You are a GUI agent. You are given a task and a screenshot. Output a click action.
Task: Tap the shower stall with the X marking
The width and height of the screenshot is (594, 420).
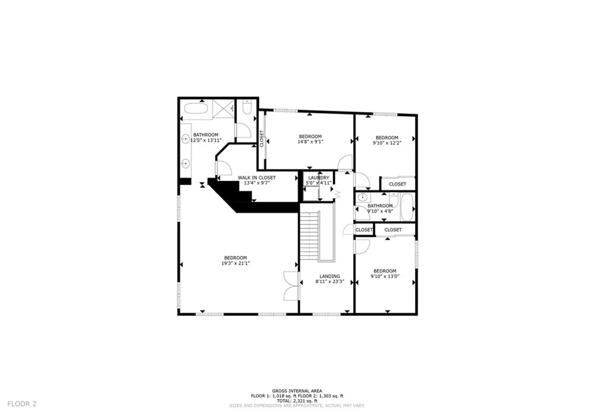coord(223,108)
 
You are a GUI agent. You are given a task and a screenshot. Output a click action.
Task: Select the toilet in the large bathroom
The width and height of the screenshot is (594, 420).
coord(247,108)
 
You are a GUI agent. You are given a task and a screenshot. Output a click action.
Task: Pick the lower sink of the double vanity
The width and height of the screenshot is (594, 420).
coord(185,164)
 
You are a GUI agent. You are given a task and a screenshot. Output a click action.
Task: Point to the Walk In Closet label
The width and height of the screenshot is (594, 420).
coord(256,178)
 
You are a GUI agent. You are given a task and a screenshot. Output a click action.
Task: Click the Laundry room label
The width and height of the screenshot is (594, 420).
coord(318,178)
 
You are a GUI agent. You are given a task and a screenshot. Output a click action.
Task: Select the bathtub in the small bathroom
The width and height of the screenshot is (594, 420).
coord(406,207)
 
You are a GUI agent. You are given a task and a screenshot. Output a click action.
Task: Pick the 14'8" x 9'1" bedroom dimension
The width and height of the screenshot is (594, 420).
coord(310,142)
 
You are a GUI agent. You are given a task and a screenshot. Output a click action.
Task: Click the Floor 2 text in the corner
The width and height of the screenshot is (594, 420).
coord(23,403)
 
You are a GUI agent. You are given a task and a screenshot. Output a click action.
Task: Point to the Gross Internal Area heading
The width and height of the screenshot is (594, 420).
coord(297,391)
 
